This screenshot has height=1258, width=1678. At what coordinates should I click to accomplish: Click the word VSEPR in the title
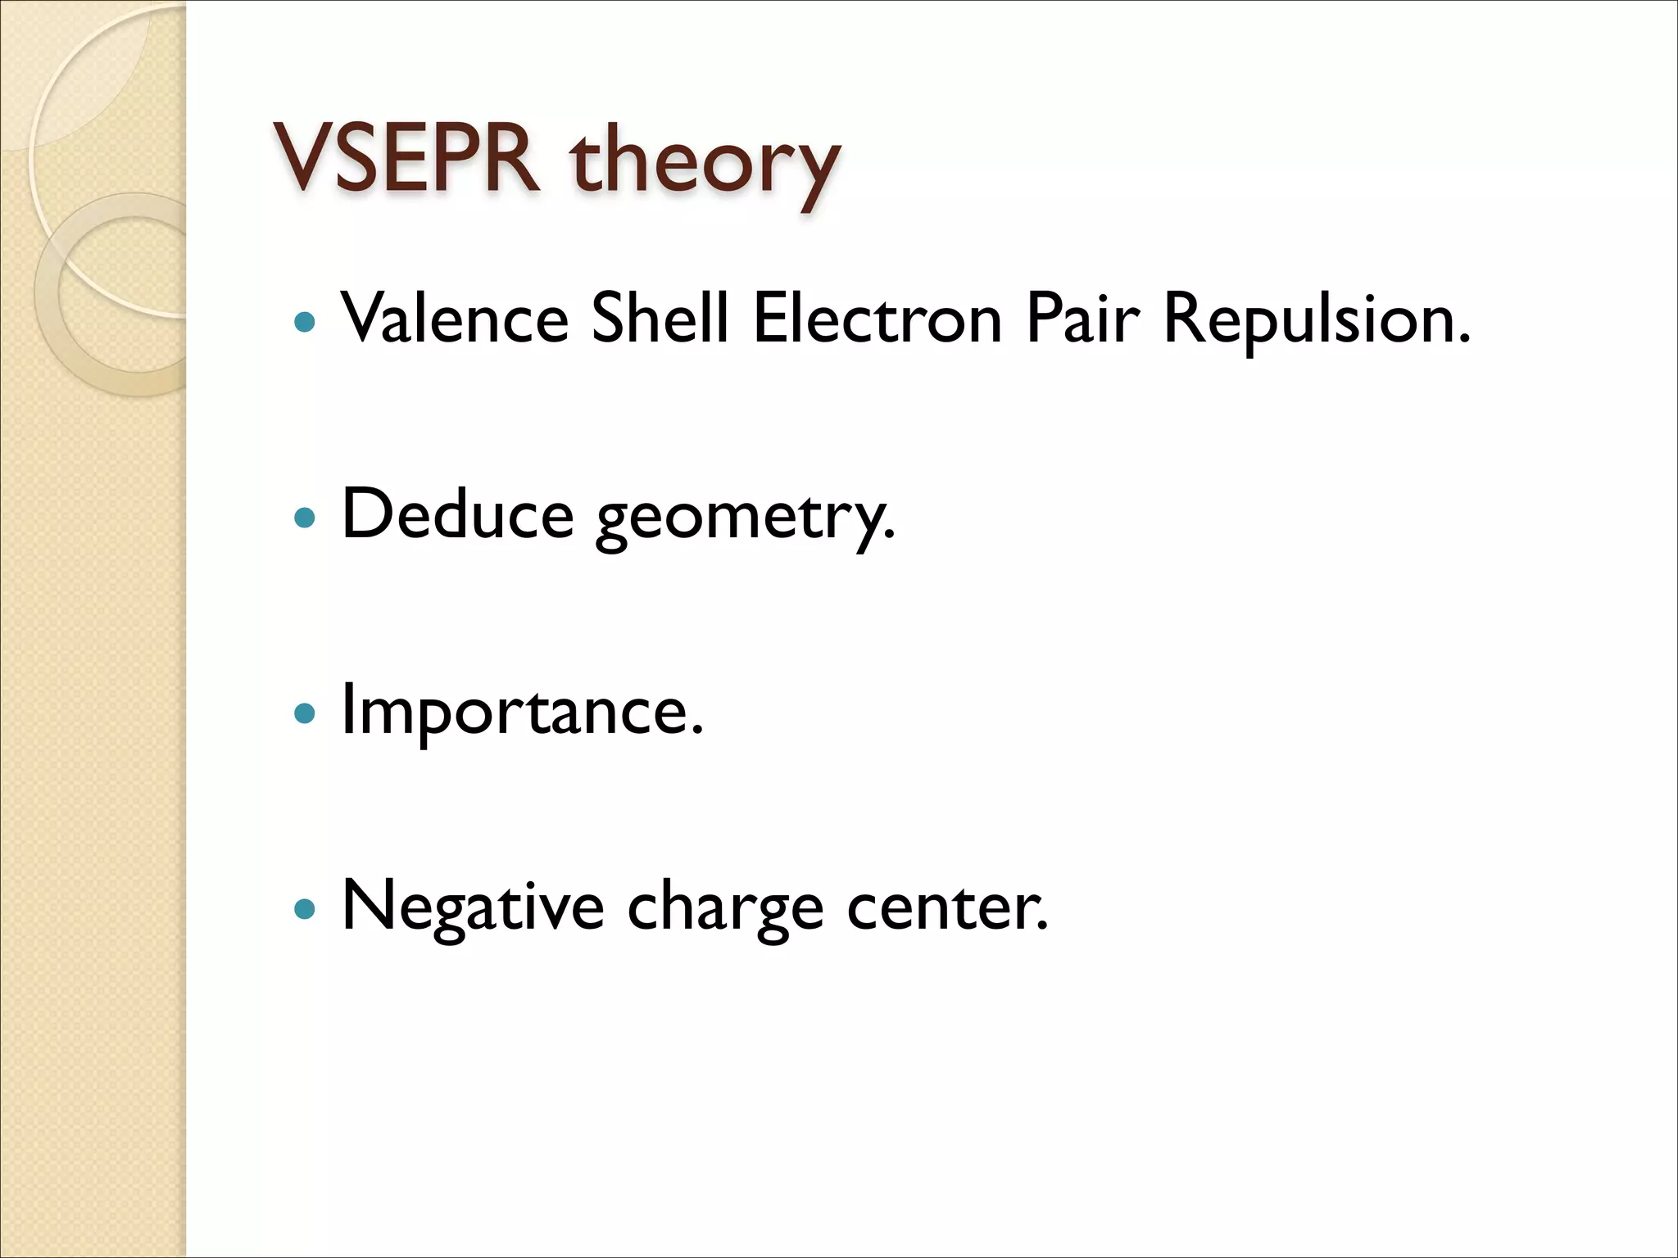(x=406, y=159)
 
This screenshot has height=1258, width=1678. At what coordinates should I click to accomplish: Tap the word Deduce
(x=457, y=514)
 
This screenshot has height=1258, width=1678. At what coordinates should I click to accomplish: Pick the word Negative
(x=473, y=907)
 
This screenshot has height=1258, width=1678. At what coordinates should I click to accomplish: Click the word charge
(x=725, y=911)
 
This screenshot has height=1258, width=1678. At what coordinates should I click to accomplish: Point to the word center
(x=942, y=907)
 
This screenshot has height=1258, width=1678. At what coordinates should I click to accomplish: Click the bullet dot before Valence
(x=304, y=321)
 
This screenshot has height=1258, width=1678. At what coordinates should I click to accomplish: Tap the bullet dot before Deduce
(x=304, y=518)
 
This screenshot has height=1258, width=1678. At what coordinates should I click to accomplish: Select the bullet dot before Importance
(x=304, y=713)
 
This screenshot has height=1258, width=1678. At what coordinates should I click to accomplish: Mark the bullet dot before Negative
(x=304, y=908)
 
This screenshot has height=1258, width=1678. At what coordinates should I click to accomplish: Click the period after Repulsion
(x=1464, y=338)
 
